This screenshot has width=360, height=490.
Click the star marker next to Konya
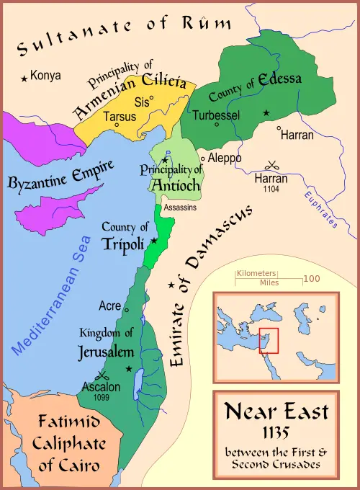[25, 77]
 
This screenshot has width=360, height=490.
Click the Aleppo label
[224, 158]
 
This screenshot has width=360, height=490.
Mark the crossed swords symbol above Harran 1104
[272, 164]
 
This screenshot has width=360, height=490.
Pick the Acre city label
[109, 306]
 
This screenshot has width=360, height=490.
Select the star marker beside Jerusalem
[129, 369]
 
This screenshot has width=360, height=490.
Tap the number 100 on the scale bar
[311, 278]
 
